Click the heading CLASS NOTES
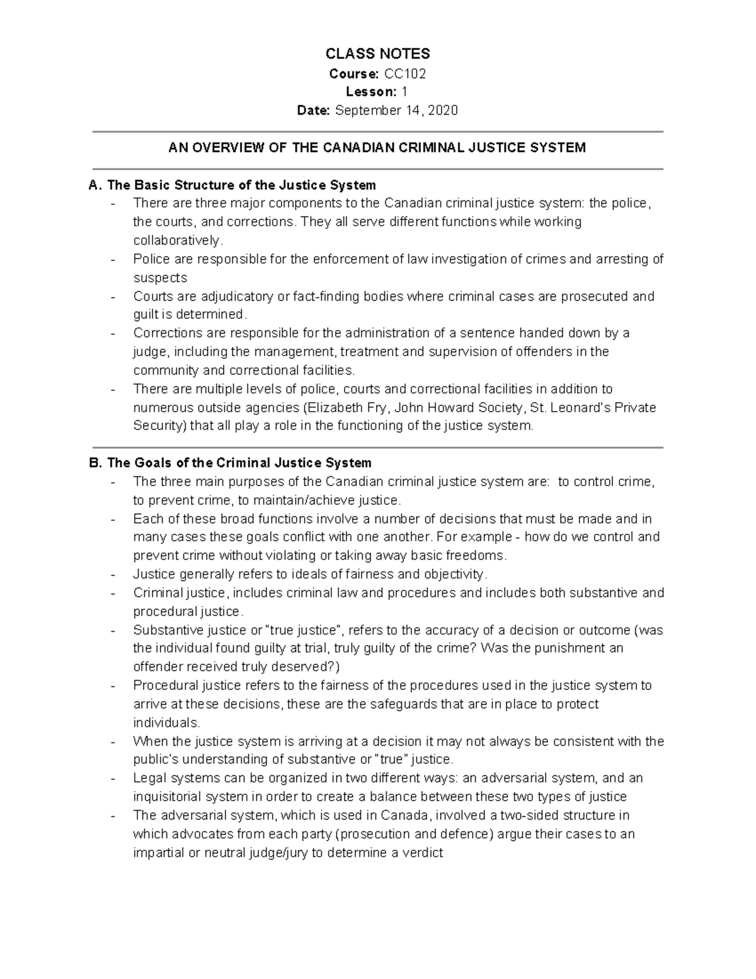377,54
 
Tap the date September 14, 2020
396,111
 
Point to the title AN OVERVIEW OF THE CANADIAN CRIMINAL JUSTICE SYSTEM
377,148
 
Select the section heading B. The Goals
231,463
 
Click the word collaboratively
178,241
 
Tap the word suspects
160,278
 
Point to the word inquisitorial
164,797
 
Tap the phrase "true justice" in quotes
305,630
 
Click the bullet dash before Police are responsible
113,260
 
